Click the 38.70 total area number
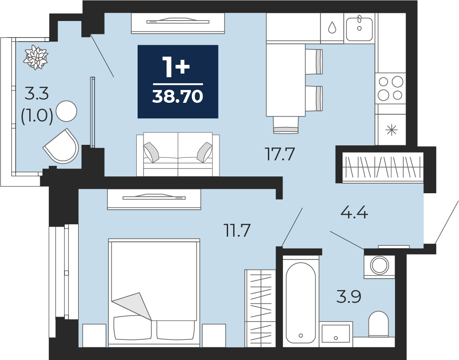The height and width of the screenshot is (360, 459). click(x=177, y=96)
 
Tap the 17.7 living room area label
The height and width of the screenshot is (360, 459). click(x=279, y=154)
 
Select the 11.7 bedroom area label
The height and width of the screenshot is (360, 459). click(x=237, y=230)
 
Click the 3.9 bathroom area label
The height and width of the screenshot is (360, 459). click(x=348, y=296)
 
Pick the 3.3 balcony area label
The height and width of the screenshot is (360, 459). click(x=37, y=94)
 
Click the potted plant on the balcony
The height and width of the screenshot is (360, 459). click(x=36, y=57)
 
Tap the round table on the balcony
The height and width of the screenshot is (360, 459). click(x=66, y=111)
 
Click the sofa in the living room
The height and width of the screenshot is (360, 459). click(x=178, y=154)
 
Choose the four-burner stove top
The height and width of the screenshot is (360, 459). click(x=390, y=88)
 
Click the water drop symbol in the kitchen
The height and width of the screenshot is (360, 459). click(x=332, y=27)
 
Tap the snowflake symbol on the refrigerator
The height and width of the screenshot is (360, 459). click(x=391, y=130)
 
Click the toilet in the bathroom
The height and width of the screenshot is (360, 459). click(x=378, y=324)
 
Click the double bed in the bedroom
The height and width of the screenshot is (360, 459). click(x=154, y=293)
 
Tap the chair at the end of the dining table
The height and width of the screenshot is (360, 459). click(x=286, y=125)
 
